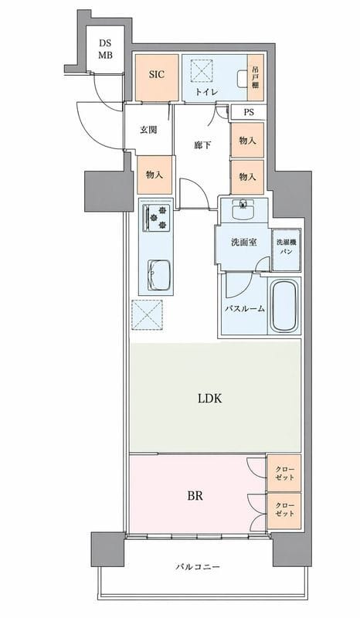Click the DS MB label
click(x=105, y=49)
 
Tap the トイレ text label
click(x=205, y=93)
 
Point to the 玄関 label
click(x=148, y=130)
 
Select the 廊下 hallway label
click(x=203, y=144)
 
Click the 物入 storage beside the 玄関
click(x=155, y=175)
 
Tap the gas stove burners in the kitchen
click(x=159, y=221)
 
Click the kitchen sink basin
click(x=160, y=274)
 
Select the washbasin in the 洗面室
click(x=243, y=209)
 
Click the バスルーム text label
click(x=245, y=308)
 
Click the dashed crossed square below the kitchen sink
click(x=147, y=314)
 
